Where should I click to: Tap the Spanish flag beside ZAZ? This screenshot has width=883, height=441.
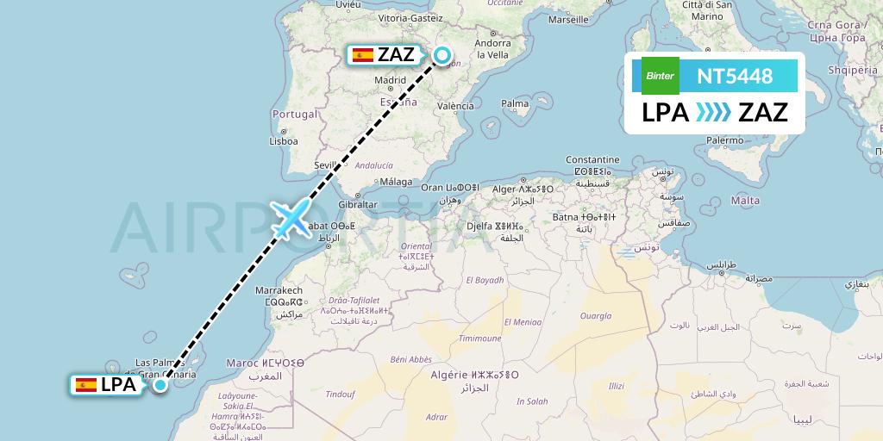[x=363, y=55]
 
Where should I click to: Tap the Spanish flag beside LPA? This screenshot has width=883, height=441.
[x=86, y=385]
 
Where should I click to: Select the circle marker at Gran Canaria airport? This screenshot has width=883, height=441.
[x=160, y=384]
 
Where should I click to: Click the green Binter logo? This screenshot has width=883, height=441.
[x=661, y=76]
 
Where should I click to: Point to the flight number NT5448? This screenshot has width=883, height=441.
[x=735, y=77]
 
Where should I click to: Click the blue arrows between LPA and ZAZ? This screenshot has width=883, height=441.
[x=713, y=113]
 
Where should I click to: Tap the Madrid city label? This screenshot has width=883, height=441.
[x=390, y=80]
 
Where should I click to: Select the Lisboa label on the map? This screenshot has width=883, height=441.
[x=283, y=141]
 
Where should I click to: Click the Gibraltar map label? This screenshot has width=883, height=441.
[x=358, y=205]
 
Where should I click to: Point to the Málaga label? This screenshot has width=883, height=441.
[x=396, y=181]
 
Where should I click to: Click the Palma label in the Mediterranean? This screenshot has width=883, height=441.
[x=515, y=103]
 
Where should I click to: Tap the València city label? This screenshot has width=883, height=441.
[x=455, y=107]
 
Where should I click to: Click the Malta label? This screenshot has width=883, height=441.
[x=745, y=201]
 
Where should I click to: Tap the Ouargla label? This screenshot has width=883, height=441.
[x=594, y=316]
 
